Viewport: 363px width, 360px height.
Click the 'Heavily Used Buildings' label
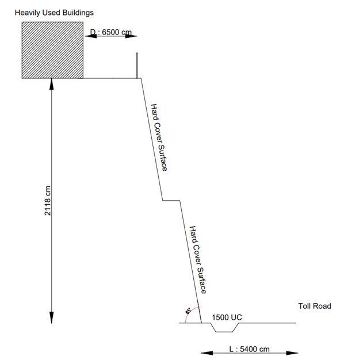[54, 13]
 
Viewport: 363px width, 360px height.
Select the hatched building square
[52, 50]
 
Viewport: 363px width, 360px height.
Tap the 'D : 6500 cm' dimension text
[111, 32]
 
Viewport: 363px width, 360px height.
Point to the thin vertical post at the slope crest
[137, 66]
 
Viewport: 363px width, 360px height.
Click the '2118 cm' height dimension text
[47, 201]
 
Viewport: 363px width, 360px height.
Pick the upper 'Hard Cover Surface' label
[159, 137]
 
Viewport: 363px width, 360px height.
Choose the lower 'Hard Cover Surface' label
[198, 259]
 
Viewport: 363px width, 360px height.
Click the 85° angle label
[188, 311]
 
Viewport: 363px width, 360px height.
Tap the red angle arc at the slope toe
[189, 312]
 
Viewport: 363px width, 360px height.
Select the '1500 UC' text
[227, 317]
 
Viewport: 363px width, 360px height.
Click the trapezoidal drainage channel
[224, 332]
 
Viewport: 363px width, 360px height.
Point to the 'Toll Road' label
[315, 306]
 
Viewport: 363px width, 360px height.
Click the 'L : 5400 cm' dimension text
[249, 349]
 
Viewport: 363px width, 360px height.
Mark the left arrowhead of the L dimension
[207, 353]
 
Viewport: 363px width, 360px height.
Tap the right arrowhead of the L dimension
[292, 353]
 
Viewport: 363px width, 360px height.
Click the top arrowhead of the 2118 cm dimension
[52, 84]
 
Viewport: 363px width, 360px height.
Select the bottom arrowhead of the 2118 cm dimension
[52, 317]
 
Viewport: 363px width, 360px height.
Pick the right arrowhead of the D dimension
[131, 36]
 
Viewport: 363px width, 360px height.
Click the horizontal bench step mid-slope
[171, 201]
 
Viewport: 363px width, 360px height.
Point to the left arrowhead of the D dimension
[91, 36]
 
